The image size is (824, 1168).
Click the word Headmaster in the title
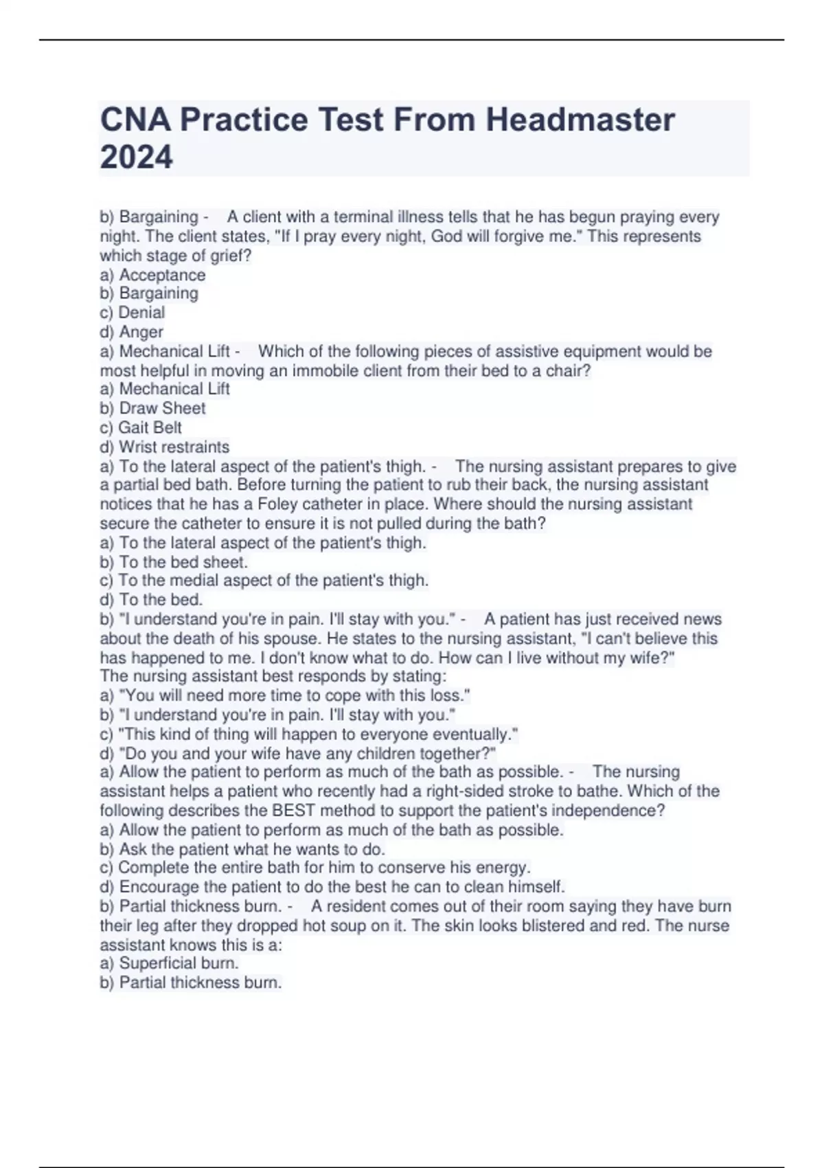(x=580, y=120)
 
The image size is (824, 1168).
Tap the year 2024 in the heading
(x=136, y=157)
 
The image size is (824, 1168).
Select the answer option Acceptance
(x=152, y=275)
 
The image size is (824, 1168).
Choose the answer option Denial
(x=133, y=313)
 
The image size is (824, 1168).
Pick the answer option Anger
(x=132, y=332)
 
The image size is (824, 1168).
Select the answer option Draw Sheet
(x=152, y=408)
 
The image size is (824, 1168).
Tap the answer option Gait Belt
(x=141, y=427)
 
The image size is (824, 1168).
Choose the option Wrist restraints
(x=165, y=447)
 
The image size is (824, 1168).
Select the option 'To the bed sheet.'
(x=174, y=561)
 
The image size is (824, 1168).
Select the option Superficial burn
(x=169, y=963)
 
